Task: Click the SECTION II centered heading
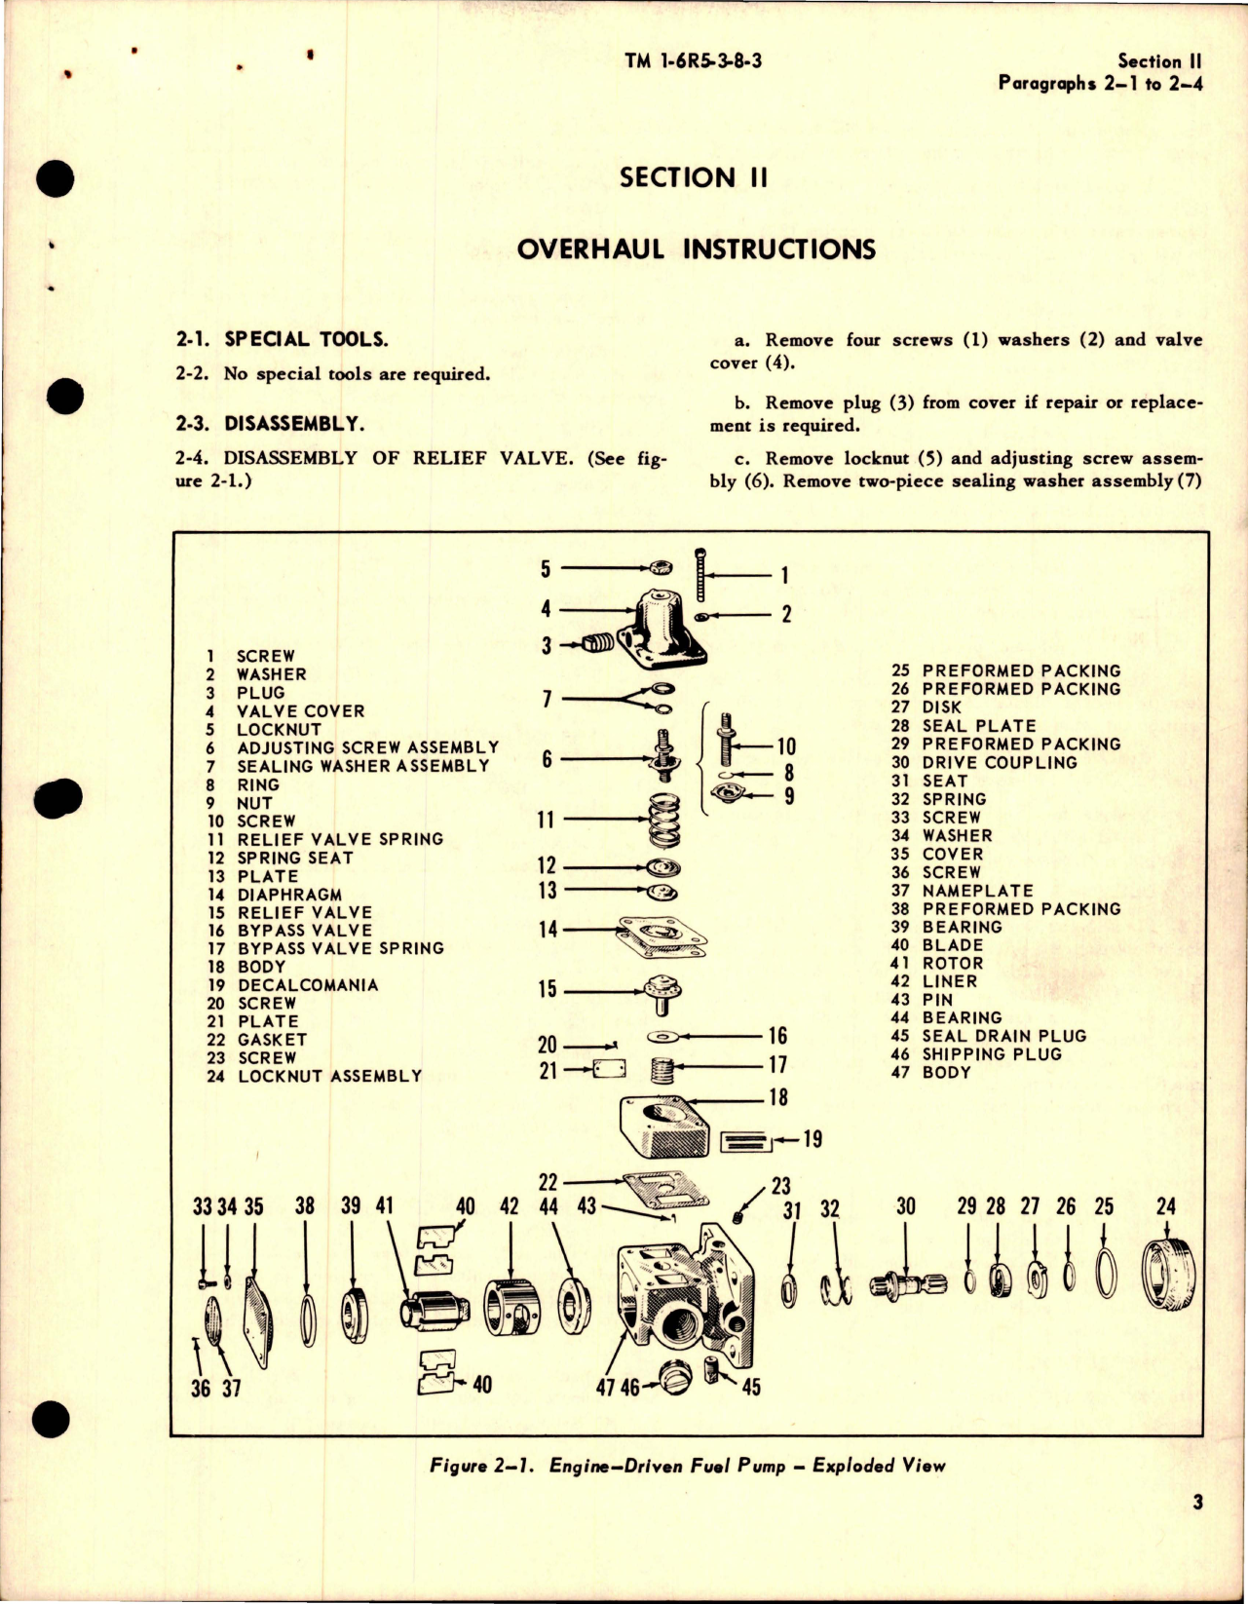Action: (x=693, y=177)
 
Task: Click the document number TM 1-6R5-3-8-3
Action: (x=693, y=60)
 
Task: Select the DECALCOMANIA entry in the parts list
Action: (x=307, y=985)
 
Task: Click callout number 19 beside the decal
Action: (x=812, y=1139)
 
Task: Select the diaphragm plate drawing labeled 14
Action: (x=662, y=934)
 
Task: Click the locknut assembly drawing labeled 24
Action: (x=1165, y=1274)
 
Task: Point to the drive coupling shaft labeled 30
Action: (x=907, y=1285)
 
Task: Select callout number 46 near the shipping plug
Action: (x=630, y=1387)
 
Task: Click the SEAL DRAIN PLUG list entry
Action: (x=1003, y=1036)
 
